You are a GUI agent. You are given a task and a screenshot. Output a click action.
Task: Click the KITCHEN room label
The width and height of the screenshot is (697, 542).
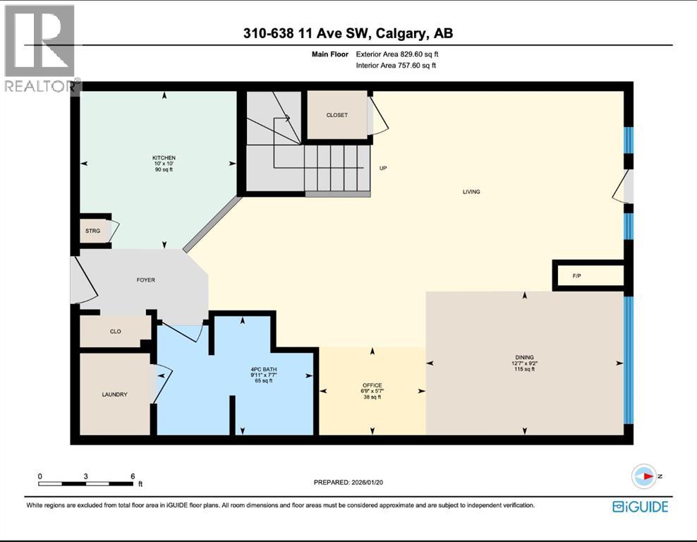point(164,157)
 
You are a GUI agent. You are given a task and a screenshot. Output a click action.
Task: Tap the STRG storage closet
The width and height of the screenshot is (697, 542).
point(92,230)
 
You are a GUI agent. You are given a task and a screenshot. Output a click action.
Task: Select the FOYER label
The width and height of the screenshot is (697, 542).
point(145,280)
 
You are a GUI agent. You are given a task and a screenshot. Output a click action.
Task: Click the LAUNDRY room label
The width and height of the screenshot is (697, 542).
point(114,395)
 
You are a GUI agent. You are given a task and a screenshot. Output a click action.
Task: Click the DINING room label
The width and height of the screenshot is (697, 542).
point(523,357)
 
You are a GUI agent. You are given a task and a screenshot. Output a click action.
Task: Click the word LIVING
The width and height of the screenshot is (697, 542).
point(471,191)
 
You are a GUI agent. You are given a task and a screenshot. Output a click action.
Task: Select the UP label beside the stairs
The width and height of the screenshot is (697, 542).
point(384,168)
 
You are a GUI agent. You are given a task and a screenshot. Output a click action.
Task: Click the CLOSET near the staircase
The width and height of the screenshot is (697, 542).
point(337,115)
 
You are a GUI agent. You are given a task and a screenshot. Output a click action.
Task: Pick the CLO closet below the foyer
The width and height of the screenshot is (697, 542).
point(116,331)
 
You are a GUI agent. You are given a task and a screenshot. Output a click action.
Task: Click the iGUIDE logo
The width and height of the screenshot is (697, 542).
point(640,506)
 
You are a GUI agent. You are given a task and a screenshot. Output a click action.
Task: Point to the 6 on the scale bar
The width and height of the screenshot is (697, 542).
point(133,476)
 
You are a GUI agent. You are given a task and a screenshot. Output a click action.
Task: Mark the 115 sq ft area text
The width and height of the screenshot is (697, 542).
point(523,370)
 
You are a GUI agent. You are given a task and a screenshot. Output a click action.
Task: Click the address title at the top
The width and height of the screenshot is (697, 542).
point(348,33)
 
